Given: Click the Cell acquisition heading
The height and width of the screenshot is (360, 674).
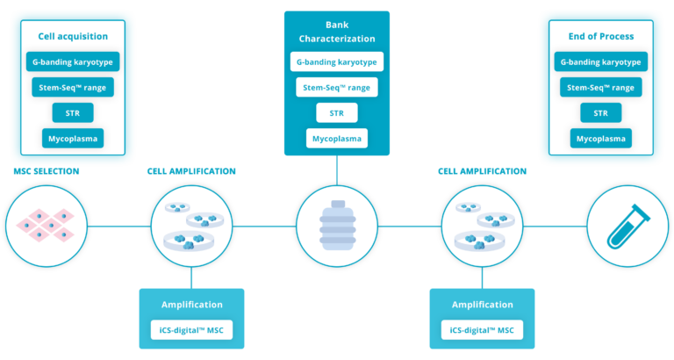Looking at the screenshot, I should (x=73, y=37).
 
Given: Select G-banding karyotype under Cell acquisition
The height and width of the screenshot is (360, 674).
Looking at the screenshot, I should (x=73, y=62).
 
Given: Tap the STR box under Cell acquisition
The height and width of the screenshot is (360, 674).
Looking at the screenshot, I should (x=73, y=112).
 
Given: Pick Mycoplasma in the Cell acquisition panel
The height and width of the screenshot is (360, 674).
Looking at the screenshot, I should (x=73, y=138).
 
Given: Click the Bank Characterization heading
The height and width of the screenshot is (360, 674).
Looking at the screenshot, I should (x=337, y=32).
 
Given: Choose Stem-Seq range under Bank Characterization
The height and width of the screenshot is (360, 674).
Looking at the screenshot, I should (x=337, y=87).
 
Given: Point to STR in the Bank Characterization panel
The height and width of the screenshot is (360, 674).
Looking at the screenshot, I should (x=337, y=112).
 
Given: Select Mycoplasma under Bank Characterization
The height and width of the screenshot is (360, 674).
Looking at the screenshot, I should (x=337, y=138).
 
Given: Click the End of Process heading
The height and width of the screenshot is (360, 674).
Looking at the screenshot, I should (x=601, y=37).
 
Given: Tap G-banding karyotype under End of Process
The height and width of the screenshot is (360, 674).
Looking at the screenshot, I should (x=601, y=62).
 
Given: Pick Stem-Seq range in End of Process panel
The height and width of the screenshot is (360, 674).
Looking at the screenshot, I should (x=601, y=88).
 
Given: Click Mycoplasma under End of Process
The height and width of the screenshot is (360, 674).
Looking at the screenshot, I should (x=601, y=138).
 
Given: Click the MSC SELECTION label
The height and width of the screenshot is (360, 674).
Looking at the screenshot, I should (x=47, y=171).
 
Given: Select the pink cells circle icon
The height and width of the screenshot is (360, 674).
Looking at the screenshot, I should (x=47, y=226).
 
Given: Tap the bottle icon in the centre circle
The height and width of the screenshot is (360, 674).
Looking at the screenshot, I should (x=337, y=227).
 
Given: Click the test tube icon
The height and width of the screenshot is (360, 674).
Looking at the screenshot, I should (x=627, y=226).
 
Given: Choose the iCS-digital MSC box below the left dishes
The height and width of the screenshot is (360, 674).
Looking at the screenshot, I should (x=191, y=330).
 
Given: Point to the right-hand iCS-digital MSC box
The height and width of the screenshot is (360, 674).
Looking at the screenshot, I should (x=482, y=330).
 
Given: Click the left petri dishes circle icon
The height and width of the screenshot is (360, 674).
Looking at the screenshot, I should (x=191, y=226).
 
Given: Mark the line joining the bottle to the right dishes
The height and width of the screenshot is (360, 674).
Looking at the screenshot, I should (x=408, y=227).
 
